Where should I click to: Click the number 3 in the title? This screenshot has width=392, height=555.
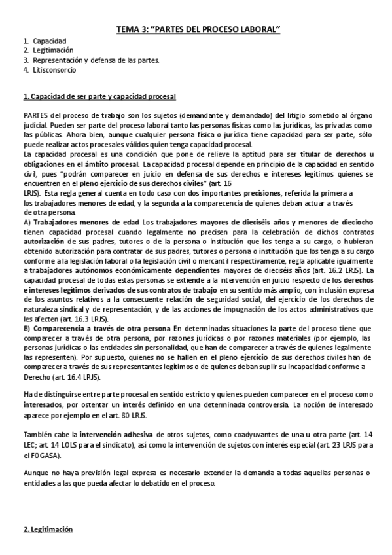[149, 29]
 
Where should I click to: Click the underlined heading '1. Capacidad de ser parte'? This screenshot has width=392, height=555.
[99, 97]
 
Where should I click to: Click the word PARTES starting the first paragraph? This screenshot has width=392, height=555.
[35, 116]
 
